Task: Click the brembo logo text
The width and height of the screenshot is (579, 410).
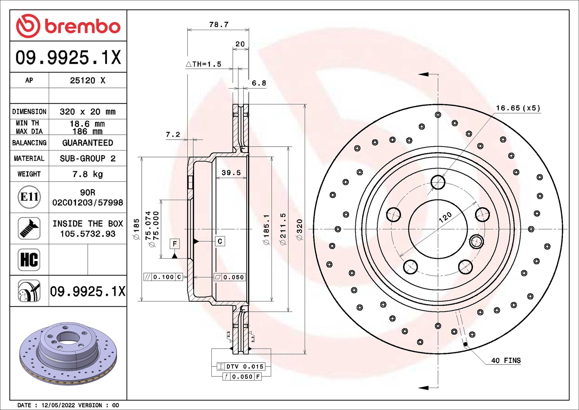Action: [83, 27]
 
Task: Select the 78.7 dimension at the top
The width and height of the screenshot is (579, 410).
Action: [219, 24]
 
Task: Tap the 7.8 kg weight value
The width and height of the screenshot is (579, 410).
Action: [87, 174]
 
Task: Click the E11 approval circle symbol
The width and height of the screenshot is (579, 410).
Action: [29, 197]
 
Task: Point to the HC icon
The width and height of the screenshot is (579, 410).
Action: [29, 260]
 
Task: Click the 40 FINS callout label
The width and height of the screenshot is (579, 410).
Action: [506, 360]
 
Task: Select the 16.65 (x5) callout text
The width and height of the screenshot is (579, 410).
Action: [518, 108]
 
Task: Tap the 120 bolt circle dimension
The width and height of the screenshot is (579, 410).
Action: [445, 217]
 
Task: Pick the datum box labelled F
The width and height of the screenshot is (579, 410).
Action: [175, 244]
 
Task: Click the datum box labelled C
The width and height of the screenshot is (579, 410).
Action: [220, 241]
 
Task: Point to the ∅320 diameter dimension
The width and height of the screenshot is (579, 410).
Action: [299, 230]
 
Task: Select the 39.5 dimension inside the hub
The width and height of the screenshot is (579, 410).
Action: [231, 173]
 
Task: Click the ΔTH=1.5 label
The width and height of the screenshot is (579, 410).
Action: [203, 64]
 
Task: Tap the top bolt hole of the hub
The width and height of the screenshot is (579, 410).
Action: [438, 182]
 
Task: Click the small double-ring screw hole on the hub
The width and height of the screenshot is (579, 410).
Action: [476, 242]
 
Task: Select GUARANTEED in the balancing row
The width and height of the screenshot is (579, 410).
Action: [87, 143]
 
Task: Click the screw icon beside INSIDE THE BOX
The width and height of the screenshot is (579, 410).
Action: [29, 228]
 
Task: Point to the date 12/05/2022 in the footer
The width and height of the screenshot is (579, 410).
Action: [58, 405]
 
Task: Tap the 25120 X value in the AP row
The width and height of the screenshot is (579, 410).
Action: [87, 81]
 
